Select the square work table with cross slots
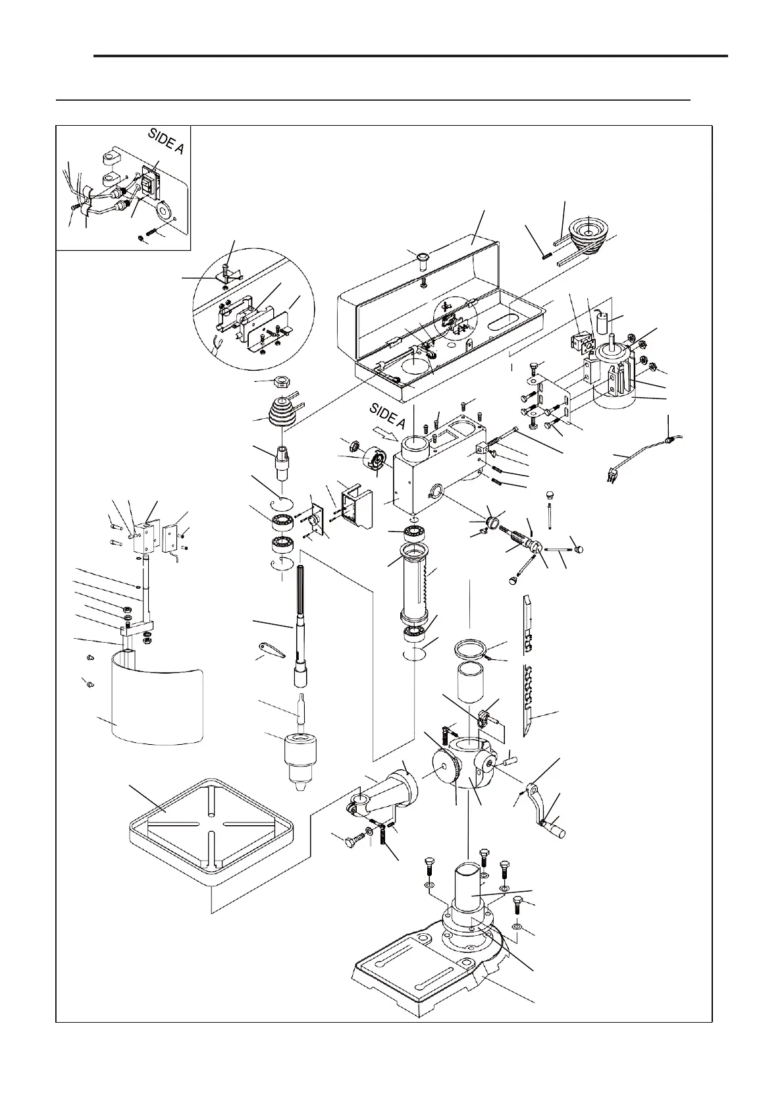tap(210, 825)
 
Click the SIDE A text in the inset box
tap(166, 142)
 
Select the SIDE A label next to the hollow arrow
tap(388, 416)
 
